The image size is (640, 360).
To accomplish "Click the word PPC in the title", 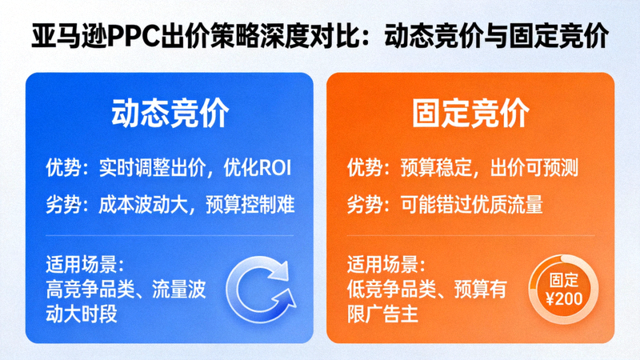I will [x=143, y=37].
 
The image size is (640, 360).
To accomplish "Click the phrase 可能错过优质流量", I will [x=472, y=205].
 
